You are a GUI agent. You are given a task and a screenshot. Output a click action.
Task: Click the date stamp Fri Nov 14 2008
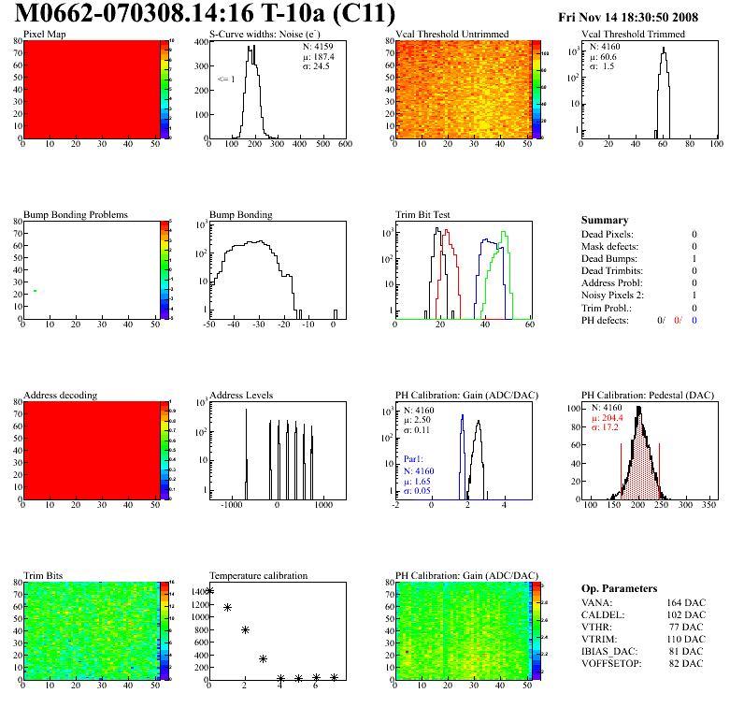coord(641,18)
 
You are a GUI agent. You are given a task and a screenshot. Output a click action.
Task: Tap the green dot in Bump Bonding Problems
coord(35,291)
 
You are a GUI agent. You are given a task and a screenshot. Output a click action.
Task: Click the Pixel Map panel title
coord(44,35)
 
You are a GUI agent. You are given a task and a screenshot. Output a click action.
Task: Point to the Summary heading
coord(605,220)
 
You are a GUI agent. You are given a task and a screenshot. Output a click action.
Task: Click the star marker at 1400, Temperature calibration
coord(209,590)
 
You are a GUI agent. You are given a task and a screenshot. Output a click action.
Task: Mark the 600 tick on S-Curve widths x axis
coord(344,145)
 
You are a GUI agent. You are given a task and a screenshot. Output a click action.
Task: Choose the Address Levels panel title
coord(241,396)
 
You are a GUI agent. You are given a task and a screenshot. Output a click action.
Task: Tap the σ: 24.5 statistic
coord(320,66)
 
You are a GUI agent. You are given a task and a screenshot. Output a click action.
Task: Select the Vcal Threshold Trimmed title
coord(633,35)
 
